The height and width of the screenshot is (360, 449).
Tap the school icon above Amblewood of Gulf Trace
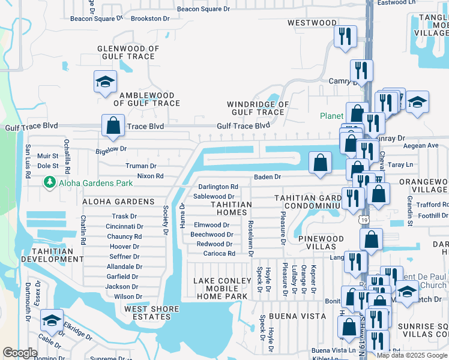click(105, 82)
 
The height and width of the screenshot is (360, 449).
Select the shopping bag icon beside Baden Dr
click(321, 163)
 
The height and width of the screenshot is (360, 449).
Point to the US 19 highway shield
click(364, 220)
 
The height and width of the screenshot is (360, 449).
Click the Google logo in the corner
click(20, 353)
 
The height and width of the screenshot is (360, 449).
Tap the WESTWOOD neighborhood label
click(312, 23)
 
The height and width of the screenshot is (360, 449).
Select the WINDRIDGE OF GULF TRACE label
click(258, 108)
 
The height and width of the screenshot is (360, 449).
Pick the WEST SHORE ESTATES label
click(151, 313)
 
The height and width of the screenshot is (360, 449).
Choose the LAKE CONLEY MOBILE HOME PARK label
click(221, 288)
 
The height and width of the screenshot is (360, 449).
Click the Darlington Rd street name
click(218, 187)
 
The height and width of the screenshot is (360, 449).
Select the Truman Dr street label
click(140, 166)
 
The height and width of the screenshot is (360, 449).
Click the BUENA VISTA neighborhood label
click(301, 316)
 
